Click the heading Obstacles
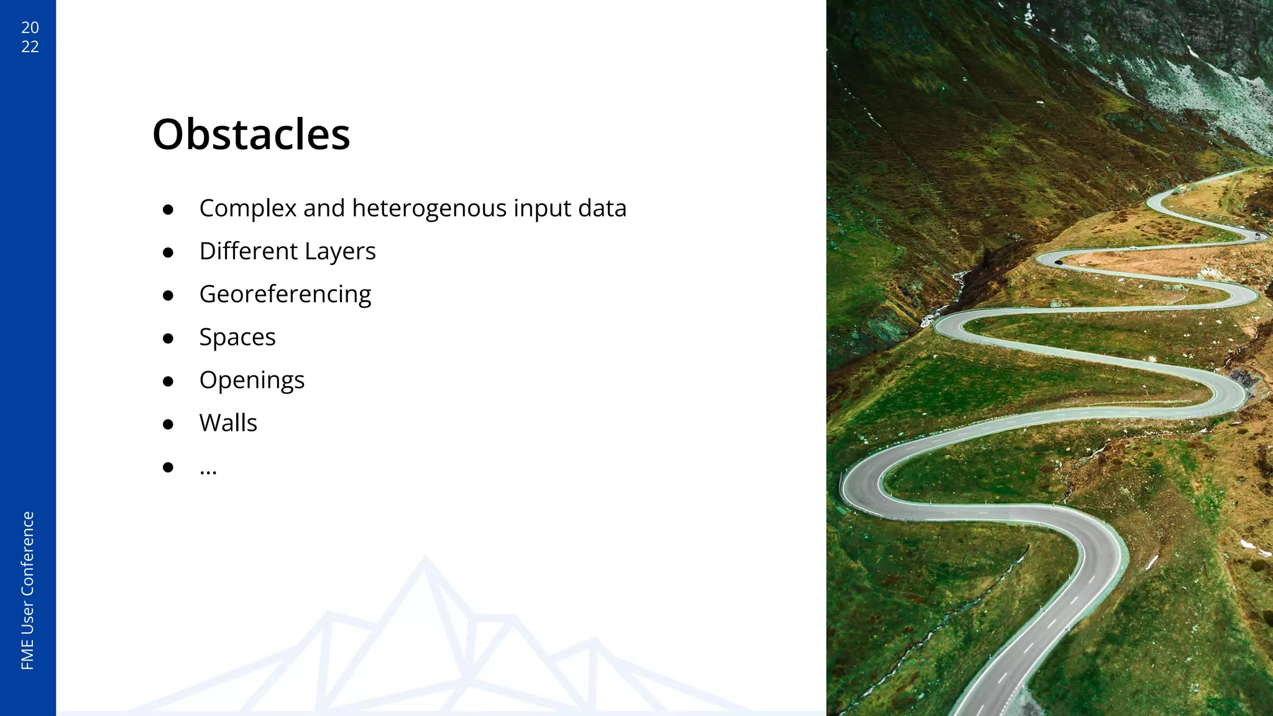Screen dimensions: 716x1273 click(251, 134)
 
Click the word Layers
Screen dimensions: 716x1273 click(340, 251)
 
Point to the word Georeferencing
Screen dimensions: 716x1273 click(285, 294)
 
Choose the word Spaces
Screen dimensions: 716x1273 click(237, 337)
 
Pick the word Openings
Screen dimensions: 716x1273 click(252, 380)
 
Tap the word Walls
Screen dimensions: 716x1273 click(228, 423)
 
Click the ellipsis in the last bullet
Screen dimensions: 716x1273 click(208, 470)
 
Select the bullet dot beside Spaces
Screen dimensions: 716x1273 click(168, 338)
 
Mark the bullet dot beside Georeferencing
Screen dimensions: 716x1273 click(168, 295)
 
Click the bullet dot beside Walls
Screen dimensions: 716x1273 click(168, 424)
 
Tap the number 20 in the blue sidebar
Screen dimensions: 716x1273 click(30, 27)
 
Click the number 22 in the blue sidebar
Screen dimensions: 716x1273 click(30, 47)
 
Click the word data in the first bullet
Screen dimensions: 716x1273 click(602, 208)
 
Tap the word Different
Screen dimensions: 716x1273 click(249, 251)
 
